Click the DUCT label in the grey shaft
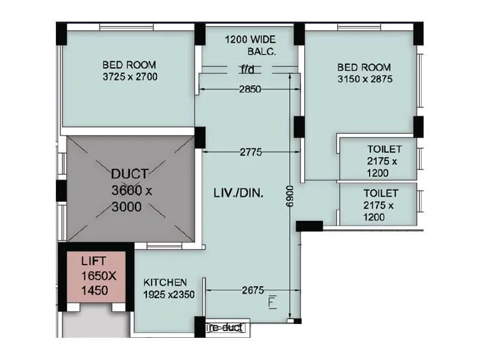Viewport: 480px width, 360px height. (130, 175)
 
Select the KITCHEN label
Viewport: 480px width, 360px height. (165, 282)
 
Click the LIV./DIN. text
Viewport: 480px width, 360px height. (239, 193)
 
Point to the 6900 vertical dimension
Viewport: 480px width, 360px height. (291, 196)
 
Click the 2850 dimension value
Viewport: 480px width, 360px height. (250, 89)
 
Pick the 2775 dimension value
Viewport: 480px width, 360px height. (250, 152)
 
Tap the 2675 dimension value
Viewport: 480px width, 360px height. (253, 290)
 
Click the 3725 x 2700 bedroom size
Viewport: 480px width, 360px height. (130, 77)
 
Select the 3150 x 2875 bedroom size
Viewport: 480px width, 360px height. (365, 79)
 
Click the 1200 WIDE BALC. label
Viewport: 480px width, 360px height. (250, 46)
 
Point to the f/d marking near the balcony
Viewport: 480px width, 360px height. (247, 70)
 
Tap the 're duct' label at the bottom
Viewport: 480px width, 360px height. (226, 328)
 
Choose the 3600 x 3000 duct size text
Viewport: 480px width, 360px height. (132, 199)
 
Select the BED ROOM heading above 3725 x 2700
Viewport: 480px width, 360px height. (129, 65)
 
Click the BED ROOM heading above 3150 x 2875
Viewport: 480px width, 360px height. (364, 67)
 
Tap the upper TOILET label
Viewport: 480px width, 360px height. (385, 149)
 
